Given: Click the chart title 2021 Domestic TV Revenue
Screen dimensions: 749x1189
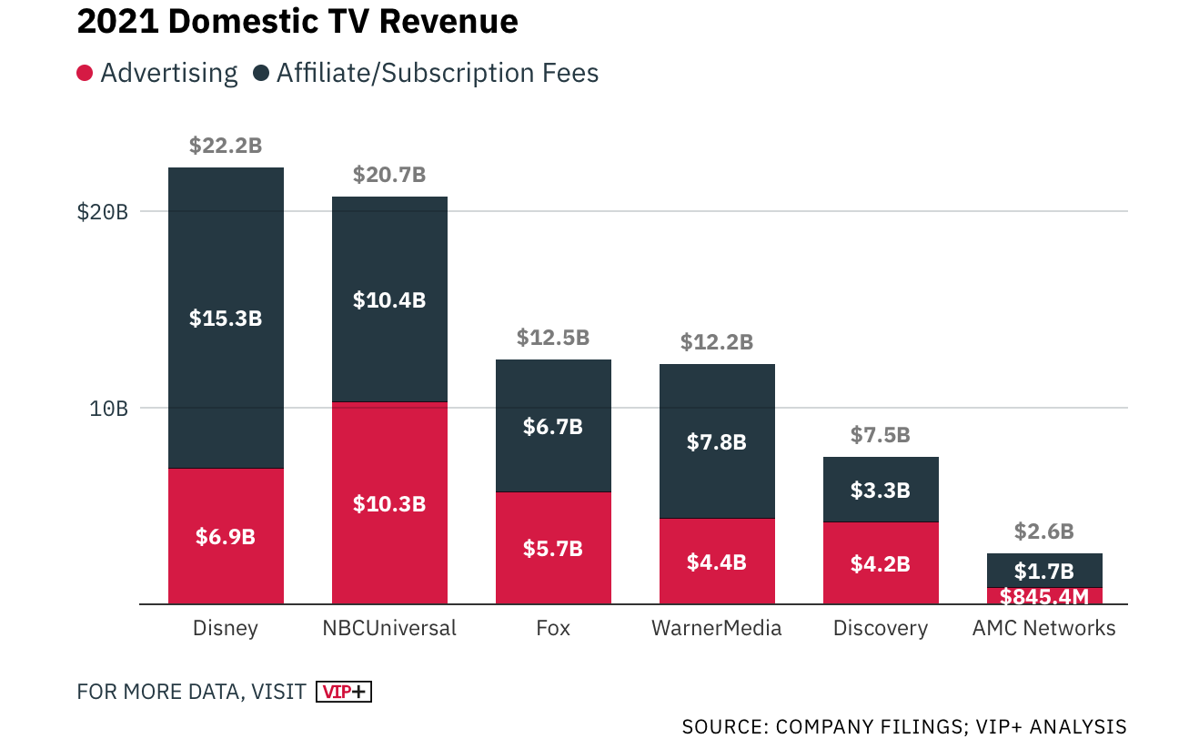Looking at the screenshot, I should [297, 22].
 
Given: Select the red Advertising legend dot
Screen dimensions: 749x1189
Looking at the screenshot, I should [85, 73].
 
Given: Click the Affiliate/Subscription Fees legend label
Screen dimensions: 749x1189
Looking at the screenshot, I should [438, 73].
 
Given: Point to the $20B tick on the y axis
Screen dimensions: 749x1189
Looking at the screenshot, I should [103, 211].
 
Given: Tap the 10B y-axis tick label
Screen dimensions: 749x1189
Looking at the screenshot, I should [108, 408].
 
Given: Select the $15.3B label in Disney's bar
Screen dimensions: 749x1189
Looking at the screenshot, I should [226, 319].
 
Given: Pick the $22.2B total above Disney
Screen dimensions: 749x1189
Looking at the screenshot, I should [226, 145].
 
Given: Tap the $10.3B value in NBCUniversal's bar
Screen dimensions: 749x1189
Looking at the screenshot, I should [389, 503].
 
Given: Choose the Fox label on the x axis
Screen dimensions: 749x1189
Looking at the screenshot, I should [553, 628].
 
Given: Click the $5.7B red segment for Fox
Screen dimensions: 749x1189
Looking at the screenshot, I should [553, 549].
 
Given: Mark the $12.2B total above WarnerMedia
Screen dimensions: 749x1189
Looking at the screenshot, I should [717, 342].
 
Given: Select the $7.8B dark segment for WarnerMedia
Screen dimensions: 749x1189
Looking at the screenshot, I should [717, 442].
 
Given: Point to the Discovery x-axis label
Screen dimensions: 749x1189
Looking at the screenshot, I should [881, 628].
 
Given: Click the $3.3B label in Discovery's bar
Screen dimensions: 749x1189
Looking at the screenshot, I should [881, 490].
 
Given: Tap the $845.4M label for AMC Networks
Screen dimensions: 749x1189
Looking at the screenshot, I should [1044, 597].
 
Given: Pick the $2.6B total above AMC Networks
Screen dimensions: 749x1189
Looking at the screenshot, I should [1044, 531].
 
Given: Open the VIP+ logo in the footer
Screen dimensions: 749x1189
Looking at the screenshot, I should [344, 692].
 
